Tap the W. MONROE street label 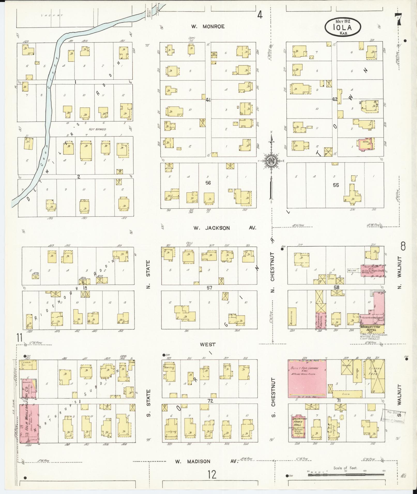click(x=208, y=26)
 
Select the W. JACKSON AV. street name click(x=225, y=228)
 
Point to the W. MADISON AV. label click(x=206, y=461)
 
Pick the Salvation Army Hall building click(x=298, y=427)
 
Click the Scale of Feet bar click(x=346, y=471)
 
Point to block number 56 click(x=208, y=183)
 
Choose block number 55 click(x=336, y=185)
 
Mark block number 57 click(x=209, y=288)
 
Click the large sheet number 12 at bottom click(x=212, y=475)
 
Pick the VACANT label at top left click(x=52, y=15)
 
